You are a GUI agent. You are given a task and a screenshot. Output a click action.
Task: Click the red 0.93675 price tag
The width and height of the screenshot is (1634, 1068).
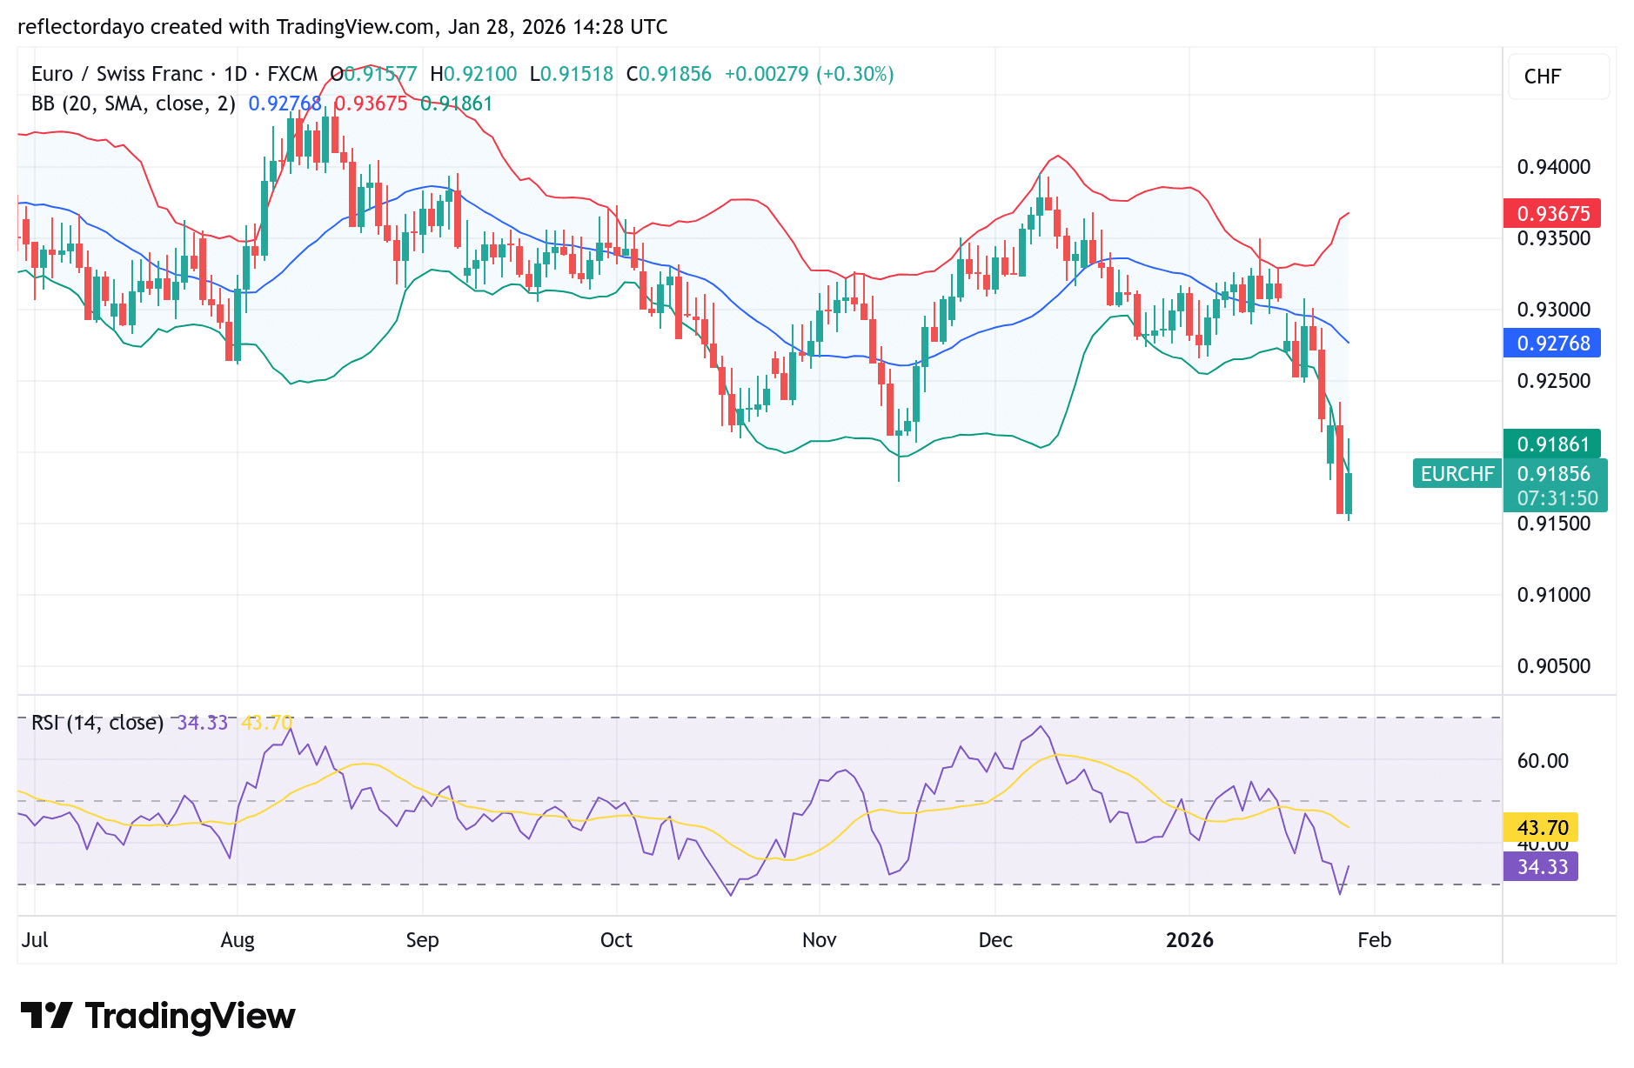[1552, 213]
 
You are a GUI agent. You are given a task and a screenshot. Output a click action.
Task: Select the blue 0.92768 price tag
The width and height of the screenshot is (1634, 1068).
[1552, 343]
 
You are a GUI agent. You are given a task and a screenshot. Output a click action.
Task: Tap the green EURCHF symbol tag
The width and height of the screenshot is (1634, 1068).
[1457, 473]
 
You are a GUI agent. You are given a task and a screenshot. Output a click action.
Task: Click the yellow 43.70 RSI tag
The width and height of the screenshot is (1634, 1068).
[1541, 827]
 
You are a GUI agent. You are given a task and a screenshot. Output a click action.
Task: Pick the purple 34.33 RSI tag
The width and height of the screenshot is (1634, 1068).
[1541, 866]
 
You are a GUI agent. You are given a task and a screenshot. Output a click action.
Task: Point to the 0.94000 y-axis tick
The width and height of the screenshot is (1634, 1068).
[1553, 167]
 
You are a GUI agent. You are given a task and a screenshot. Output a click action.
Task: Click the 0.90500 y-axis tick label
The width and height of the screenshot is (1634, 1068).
[1553, 666]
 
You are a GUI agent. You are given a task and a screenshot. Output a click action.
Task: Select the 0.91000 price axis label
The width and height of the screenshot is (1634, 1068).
[1553, 595]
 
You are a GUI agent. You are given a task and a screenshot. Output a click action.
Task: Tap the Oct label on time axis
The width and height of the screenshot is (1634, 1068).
[616, 940]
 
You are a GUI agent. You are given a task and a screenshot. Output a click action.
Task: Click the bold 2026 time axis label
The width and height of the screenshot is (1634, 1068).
[1189, 940]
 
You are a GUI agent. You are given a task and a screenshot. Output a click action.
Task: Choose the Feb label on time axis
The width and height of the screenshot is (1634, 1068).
[1374, 940]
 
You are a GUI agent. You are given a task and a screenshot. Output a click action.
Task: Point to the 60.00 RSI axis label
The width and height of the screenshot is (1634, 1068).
[1543, 761]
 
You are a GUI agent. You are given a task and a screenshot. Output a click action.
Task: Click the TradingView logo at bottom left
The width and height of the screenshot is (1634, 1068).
[158, 1016]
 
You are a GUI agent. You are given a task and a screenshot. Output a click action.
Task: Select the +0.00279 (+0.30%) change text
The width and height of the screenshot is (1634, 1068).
[808, 74]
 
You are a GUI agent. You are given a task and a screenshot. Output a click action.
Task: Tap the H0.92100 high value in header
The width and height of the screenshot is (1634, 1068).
[473, 74]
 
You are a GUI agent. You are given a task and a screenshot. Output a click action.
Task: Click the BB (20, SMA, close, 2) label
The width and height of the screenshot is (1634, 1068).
[133, 103]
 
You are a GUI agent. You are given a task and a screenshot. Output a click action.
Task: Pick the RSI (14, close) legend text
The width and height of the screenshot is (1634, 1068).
[97, 723]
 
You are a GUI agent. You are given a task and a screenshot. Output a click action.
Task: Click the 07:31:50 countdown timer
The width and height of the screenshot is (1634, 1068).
[1557, 498]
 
